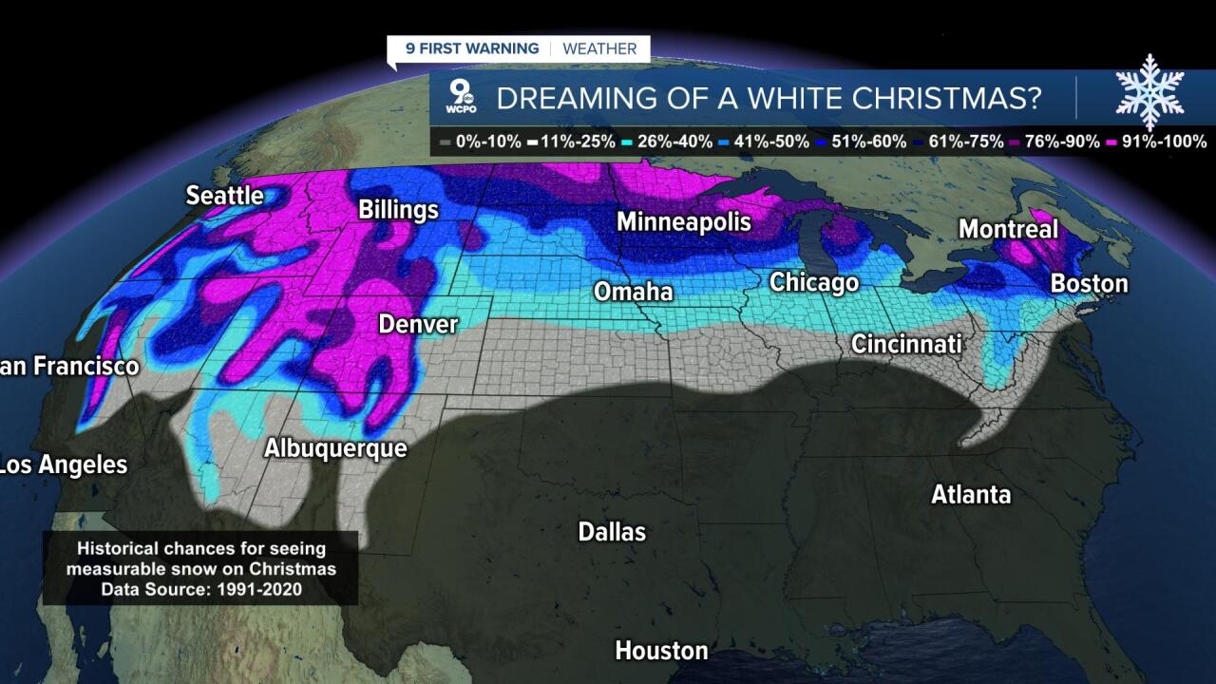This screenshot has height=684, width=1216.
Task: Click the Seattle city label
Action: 224,196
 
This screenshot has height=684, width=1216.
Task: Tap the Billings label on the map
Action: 398,210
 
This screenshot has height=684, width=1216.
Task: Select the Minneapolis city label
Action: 683,222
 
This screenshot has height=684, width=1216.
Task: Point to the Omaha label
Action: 633,292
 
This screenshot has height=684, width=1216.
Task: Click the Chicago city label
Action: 813,283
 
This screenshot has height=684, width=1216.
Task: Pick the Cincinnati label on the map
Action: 905,344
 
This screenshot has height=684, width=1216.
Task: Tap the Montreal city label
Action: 1007,229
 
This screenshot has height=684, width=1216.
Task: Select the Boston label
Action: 1089,284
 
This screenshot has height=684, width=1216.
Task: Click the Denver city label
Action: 418,325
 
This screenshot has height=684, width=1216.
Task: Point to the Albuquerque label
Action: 335,448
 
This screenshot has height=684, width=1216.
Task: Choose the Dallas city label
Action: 612,532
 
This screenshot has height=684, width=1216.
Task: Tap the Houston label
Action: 661,651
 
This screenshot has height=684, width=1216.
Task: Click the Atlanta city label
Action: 970,495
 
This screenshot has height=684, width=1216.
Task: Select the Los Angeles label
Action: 63,465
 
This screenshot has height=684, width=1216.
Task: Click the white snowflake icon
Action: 1149,91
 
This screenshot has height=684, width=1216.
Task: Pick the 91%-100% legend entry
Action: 1156,142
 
